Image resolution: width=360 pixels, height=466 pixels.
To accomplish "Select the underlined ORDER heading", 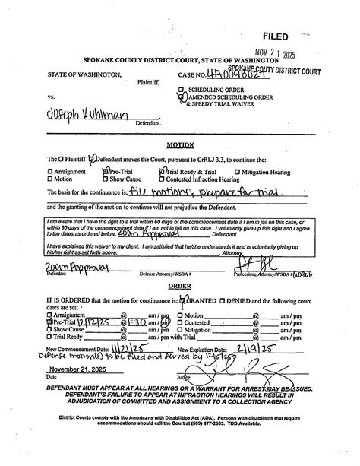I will [180, 265].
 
